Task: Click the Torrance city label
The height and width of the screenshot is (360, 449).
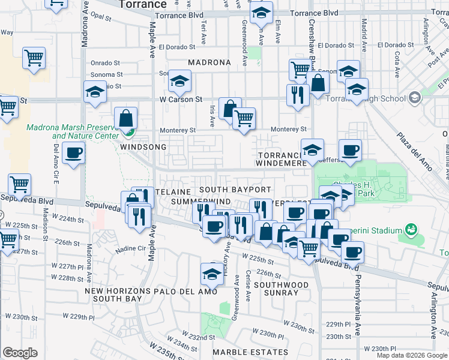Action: pos(142,4)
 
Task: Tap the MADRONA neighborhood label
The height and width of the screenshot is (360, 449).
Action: pos(209,62)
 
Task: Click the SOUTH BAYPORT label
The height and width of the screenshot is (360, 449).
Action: pos(235,190)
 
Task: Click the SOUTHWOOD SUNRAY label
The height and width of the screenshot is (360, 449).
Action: pos(281,289)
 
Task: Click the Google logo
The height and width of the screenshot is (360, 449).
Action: pos(20,353)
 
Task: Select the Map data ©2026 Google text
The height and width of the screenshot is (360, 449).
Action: pos(411,355)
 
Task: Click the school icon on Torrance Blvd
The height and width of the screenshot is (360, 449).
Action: pos(262,12)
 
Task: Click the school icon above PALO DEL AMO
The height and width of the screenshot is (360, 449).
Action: pos(212,273)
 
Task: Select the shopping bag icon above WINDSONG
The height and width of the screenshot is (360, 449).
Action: pos(127,118)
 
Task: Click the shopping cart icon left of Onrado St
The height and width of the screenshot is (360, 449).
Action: pos(34,58)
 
